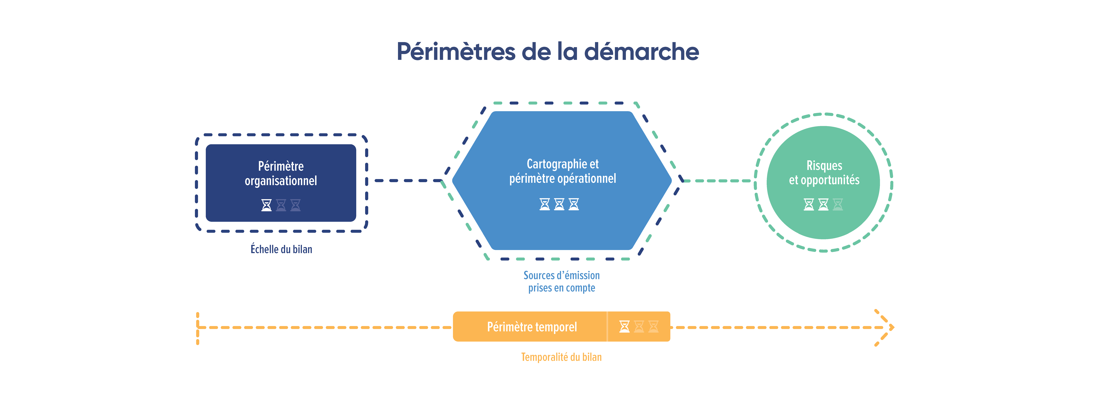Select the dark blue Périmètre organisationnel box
[x=281, y=183]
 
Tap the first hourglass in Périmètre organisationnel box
[x=266, y=205]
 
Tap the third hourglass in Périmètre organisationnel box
[x=295, y=205]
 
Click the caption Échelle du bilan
[x=281, y=249]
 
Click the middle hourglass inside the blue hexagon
[x=559, y=204]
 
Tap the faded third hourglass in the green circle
[x=838, y=204]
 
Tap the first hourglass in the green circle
[x=809, y=204]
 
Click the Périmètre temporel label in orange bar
[x=532, y=327]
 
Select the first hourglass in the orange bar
[x=624, y=326]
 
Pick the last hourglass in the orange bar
[x=653, y=326]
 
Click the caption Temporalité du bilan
[x=562, y=357]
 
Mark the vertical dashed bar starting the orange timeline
[x=197, y=329]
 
